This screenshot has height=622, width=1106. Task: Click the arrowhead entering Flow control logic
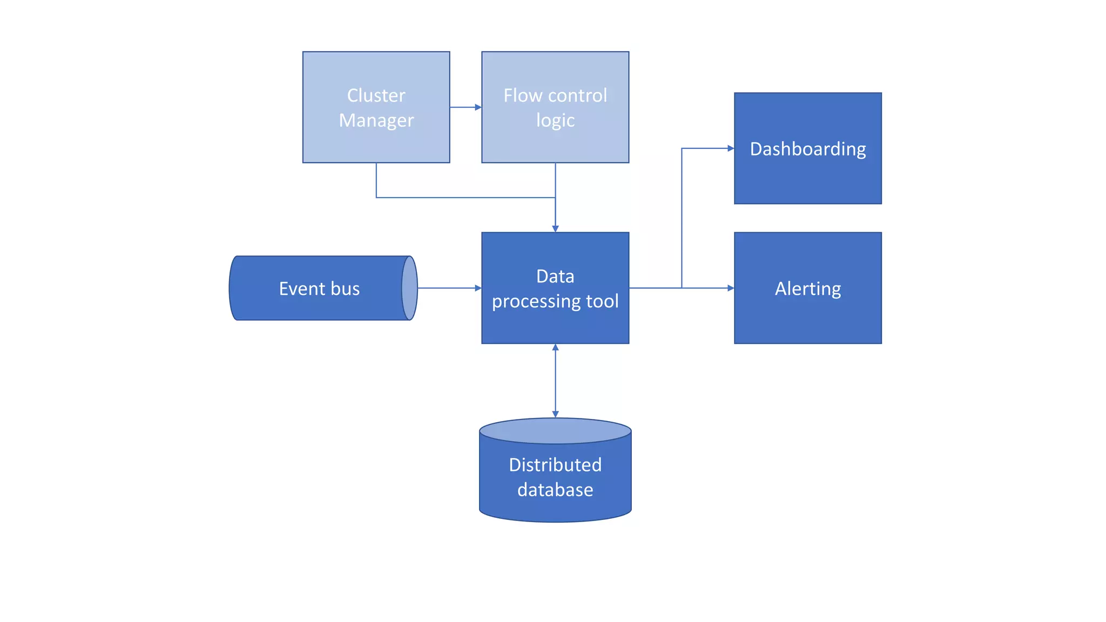(478, 107)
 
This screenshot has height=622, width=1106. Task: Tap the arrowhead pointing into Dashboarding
(731, 148)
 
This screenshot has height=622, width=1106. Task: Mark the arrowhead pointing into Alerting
(731, 288)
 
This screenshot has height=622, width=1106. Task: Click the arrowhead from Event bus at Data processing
(478, 288)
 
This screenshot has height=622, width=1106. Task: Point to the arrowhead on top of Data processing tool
(555, 229)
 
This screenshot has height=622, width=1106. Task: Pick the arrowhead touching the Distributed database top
(555, 414)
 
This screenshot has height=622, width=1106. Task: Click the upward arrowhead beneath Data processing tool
(555, 348)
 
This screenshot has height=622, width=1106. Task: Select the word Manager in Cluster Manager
(376, 120)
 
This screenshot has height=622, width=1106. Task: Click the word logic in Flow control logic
(555, 120)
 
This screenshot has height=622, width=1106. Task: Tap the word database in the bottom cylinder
(555, 490)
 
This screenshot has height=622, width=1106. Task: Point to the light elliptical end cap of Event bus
(410, 288)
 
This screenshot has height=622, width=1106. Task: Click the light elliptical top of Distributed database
(555, 431)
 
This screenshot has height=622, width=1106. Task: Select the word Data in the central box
(555, 276)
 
